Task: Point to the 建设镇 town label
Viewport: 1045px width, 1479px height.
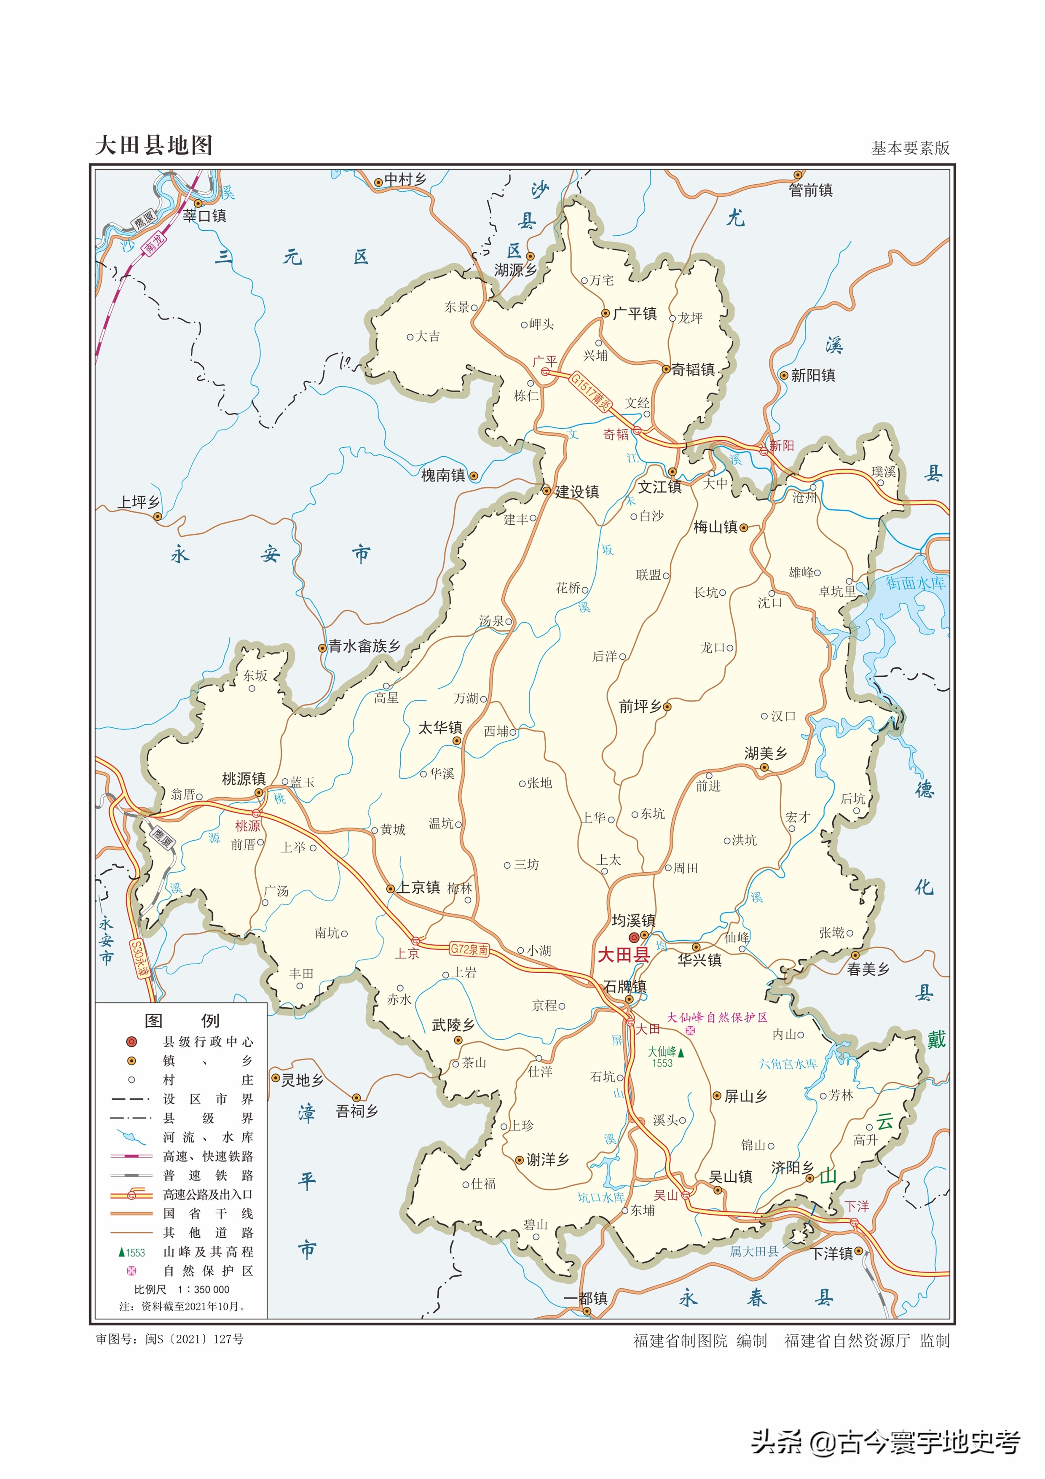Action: coord(577,492)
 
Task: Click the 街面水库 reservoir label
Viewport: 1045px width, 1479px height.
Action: coord(915,583)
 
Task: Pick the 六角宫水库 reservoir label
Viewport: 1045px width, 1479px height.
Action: coord(788,1064)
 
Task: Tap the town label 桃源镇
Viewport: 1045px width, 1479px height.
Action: coord(244,779)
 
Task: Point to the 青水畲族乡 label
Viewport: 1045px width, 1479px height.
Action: coord(364,646)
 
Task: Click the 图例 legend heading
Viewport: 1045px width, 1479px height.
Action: coord(182,1020)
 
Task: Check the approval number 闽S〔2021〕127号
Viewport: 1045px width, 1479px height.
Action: coord(194,1339)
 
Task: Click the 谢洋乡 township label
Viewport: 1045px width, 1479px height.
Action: coord(547,1159)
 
